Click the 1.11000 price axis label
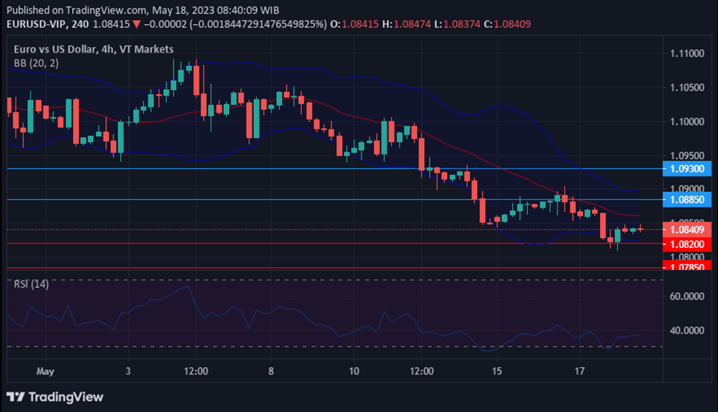(686, 54)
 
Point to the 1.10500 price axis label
(686, 88)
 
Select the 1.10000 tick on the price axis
(686, 121)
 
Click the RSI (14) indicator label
(32, 284)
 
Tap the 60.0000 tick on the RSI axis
(687, 296)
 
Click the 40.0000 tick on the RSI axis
(687, 330)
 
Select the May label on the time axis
(46, 371)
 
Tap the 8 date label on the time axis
(271, 371)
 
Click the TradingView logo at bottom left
(55, 397)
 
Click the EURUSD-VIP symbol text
(36, 24)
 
